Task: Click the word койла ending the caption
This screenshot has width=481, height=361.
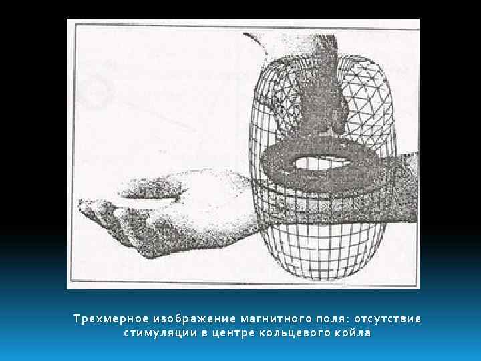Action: pos(353,332)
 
